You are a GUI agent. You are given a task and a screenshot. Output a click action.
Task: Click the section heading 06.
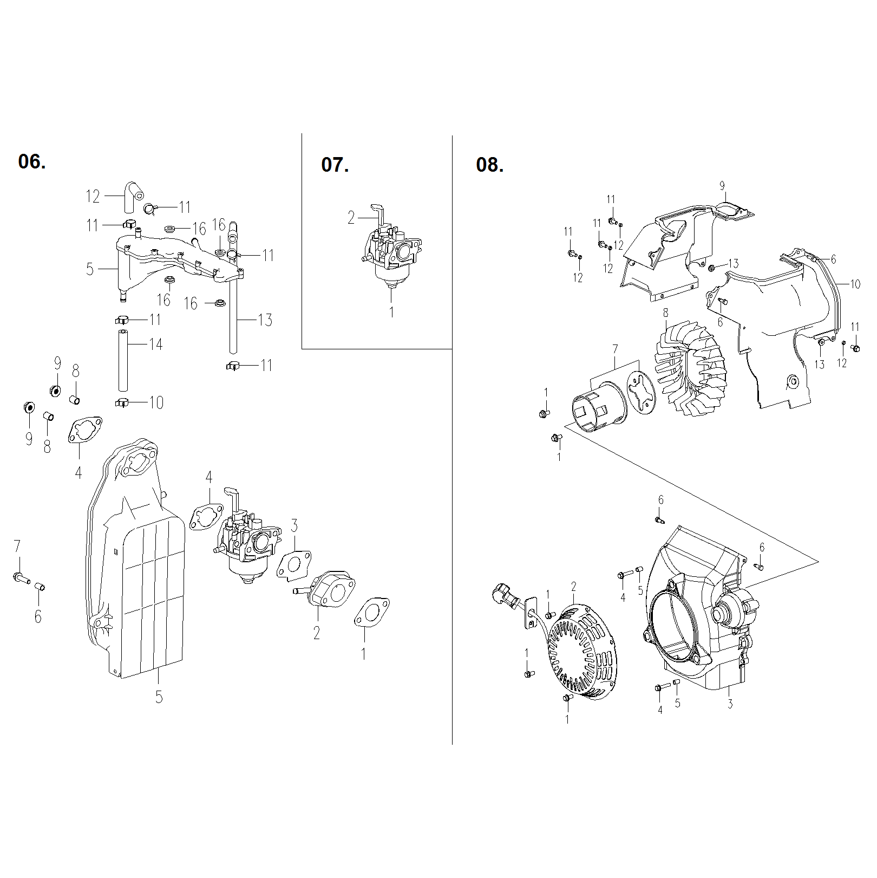32,161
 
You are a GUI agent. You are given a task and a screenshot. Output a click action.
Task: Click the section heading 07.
335,165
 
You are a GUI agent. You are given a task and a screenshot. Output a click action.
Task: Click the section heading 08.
489,165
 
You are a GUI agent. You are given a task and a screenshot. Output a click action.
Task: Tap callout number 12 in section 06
93,196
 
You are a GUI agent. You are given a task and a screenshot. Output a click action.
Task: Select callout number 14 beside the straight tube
156,344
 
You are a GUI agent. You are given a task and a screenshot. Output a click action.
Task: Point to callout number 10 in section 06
156,402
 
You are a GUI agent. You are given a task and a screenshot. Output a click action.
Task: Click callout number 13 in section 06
265,320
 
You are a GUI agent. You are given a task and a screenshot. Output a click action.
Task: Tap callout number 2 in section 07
351,218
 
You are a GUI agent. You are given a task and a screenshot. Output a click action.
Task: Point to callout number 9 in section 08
722,186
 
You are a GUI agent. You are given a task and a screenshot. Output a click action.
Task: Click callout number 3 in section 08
730,704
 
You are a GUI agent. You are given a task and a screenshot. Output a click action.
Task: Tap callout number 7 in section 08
615,349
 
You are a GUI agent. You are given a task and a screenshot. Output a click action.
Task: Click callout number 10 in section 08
855,284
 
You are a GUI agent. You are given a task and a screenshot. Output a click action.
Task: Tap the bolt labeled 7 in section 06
21,578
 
